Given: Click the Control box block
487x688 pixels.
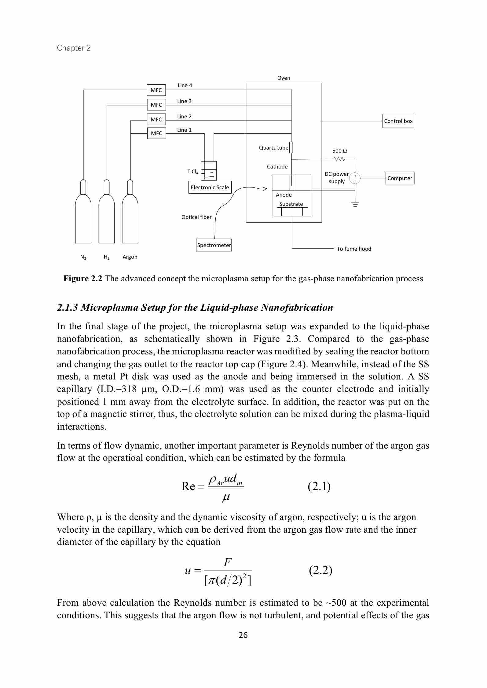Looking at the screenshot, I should (398, 121).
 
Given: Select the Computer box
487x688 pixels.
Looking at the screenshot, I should (400, 178).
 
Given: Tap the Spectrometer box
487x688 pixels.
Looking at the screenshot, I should (214, 245).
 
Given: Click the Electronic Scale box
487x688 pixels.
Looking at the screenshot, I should (210, 187).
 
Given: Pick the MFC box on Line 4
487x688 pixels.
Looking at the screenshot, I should (156, 90).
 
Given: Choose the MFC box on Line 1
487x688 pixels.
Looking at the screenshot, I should (156, 133).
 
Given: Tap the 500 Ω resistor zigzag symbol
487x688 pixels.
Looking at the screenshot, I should (340, 159).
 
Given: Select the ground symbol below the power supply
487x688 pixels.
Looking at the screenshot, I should (355, 204).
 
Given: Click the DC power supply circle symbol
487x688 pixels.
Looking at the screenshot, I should (355, 178).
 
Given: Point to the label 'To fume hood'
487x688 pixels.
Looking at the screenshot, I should (354, 249).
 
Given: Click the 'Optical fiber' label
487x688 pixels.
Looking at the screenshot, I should (196, 217).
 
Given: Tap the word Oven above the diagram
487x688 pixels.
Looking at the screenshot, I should (284, 78).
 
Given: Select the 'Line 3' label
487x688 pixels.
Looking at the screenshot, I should (184, 101).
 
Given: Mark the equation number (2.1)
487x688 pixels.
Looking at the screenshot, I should (319, 486).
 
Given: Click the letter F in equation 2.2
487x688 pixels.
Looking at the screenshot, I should (227, 562).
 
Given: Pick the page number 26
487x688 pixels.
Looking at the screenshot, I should (243, 635).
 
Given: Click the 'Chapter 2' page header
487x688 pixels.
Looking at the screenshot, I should (74, 48).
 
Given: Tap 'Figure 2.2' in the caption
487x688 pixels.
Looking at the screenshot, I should (82, 279).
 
